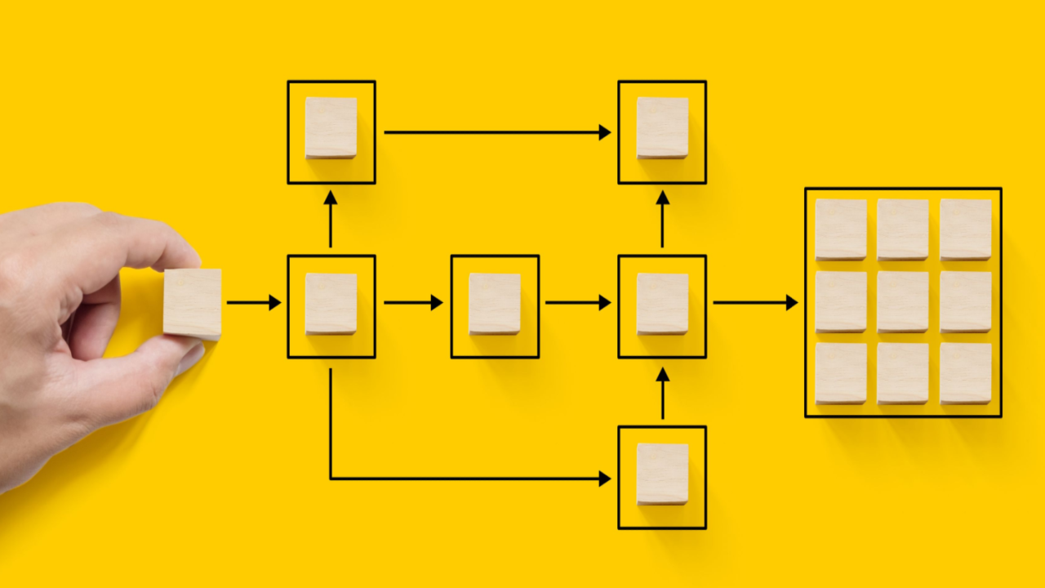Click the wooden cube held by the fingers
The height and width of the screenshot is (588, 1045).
coord(192,303)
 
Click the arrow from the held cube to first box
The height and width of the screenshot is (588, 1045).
coord(253,303)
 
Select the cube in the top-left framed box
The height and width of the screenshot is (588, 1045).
coord(331,127)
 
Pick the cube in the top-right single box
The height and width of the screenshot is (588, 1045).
coord(662,127)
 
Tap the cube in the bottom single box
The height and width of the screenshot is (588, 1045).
coord(662,474)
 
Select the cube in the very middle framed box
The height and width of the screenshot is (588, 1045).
coord(495,303)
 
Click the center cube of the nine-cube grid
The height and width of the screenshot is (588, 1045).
coord(903,301)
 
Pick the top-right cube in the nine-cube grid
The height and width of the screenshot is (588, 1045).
coord(965,229)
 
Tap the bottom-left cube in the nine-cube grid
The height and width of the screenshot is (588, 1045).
coord(841,373)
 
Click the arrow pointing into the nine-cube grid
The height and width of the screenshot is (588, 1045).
coord(755,303)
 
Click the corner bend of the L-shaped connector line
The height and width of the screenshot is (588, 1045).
coord(331,479)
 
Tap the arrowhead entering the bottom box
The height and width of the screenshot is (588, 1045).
coord(604,479)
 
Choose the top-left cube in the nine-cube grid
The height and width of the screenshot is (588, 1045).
coord(841,229)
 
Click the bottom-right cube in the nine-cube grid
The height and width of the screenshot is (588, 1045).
coord(965,373)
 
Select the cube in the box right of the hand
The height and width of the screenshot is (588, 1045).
coord(331,303)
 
